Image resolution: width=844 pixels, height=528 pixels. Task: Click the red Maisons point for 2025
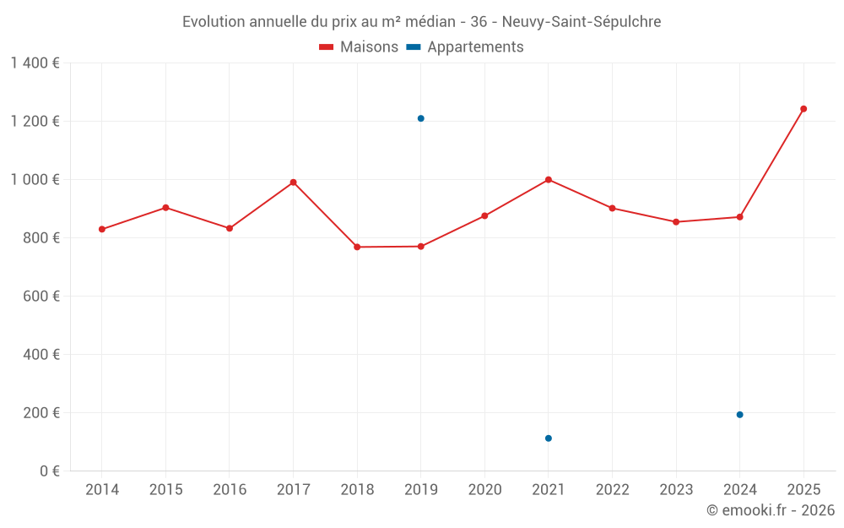[x=803, y=109]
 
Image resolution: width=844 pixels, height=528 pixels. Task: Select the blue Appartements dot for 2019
[x=421, y=118]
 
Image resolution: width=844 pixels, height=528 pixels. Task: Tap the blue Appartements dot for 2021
[x=549, y=438]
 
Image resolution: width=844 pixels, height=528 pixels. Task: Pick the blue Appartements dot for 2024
[x=740, y=415]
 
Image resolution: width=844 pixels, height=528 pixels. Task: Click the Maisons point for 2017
[x=294, y=182]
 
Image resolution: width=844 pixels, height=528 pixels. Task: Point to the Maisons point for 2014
[x=102, y=230]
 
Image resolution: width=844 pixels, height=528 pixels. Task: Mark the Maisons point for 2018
[x=357, y=247]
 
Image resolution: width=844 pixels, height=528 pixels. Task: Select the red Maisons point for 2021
[x=549, y=180]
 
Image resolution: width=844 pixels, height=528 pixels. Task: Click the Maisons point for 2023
[x=676, y=222]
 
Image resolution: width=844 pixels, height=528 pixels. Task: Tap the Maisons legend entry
[x=359, y=47]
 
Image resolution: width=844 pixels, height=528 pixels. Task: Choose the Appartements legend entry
[x=465, y=47]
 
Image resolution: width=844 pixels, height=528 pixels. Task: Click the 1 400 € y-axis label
[x=35, y=63]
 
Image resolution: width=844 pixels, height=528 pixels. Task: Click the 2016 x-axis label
[x=230, y=490]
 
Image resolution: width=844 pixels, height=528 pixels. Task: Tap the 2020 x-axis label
[x=484, y=490]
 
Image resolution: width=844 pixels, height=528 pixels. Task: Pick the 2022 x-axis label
[x=612, y=490]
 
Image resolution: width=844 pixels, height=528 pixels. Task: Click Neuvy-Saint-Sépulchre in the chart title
[x=582, y=21]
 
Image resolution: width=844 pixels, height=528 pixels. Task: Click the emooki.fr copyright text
[x=771, y=510]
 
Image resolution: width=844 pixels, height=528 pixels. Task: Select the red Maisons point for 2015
[x=165, y=208]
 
